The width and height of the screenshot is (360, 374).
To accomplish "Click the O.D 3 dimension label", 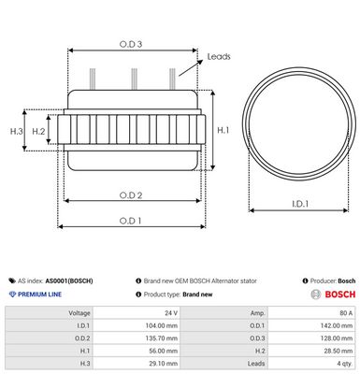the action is tap(131, 44).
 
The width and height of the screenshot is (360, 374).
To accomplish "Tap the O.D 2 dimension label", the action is tap(131, 195).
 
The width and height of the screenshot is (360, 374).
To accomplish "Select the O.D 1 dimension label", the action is tap(130, 221).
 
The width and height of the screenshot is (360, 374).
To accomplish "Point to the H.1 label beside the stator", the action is tap(223, 130).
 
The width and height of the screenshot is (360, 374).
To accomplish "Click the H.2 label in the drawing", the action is tap(38, 132).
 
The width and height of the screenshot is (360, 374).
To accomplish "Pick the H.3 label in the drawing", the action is tap(17, 131).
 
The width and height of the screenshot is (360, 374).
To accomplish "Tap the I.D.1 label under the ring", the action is tap(300, 204).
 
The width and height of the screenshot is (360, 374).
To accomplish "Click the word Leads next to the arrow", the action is tap(219, 56).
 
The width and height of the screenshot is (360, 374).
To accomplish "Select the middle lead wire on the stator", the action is tap(134, 79).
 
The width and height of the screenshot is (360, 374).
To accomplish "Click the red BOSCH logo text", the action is tap(340, 295).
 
